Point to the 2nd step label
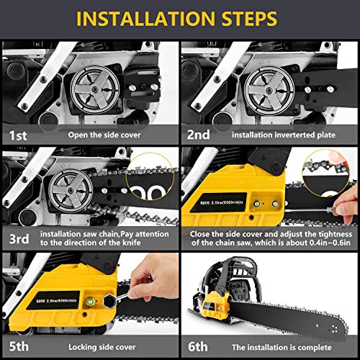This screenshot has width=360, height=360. [x=199, y=134]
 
